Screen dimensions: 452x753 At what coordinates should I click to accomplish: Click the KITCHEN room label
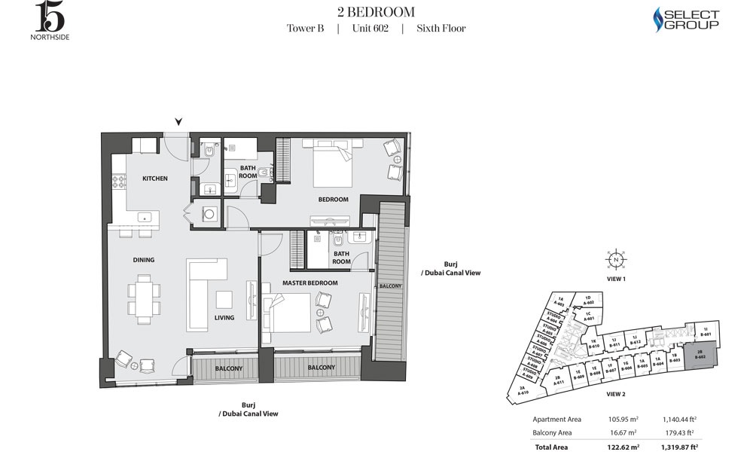154,179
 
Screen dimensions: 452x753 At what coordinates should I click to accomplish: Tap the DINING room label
144,260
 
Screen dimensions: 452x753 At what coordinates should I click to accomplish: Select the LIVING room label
224,318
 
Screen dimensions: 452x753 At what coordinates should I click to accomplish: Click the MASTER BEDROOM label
309,282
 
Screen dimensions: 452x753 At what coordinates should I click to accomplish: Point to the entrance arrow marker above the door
178,122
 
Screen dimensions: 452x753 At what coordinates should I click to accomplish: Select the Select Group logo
686,20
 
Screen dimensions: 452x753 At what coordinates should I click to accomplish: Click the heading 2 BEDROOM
376,11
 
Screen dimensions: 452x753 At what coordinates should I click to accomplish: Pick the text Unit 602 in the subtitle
370,29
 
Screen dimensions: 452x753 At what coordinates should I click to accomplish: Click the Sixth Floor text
441,29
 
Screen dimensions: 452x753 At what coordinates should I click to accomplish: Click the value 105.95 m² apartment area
623,419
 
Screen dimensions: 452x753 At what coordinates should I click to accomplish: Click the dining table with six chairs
144,298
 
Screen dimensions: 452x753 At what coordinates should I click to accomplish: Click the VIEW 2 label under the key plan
616,394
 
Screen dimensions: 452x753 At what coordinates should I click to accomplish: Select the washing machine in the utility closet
209,215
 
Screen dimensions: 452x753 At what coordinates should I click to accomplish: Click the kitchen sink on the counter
145,218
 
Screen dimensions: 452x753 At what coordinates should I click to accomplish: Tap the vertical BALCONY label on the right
389,287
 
